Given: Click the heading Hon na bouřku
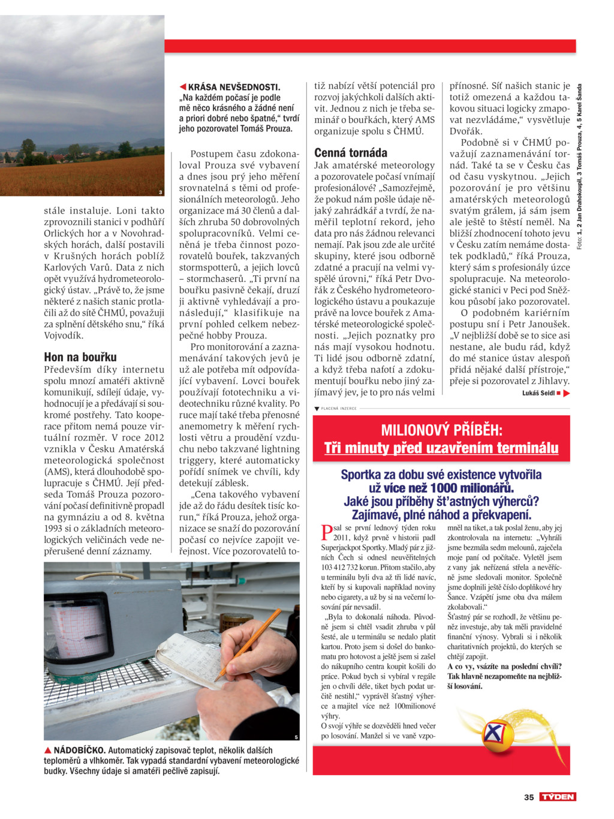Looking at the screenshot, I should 80,357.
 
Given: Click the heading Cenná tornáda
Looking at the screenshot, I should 351,152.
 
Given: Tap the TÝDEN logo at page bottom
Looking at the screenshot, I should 558,797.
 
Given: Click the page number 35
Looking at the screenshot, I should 529,797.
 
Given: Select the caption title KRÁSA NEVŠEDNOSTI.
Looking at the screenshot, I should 234,87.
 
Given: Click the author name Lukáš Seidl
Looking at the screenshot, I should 538,393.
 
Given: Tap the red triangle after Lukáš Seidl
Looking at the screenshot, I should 567,393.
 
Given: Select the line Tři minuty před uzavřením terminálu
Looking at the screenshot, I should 441,448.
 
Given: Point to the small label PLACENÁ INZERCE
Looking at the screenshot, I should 339,409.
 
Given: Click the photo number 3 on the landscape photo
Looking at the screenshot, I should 160,192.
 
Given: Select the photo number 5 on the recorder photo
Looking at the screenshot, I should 296,737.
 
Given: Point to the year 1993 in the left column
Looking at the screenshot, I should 55,529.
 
